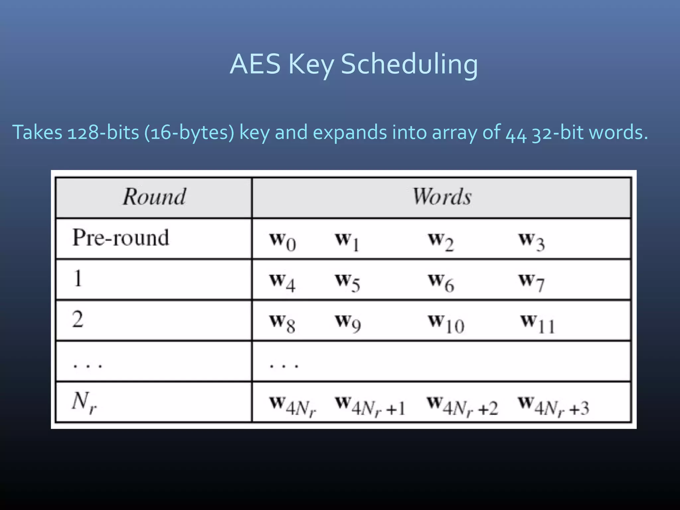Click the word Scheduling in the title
click(x=409, y=64)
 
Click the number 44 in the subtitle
click(x=516, y=133)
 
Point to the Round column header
click(x=154, y=197)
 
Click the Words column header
click(x=442, y=197)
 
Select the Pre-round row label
click(x=121, y=238)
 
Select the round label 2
click(x=78, y=319)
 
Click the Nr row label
click(x=84, y=402)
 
